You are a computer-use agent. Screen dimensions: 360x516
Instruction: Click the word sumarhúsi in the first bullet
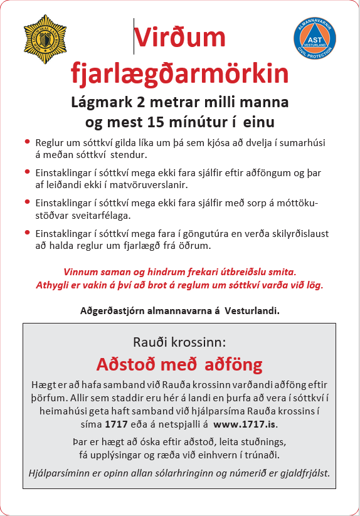click(x=303, y=142)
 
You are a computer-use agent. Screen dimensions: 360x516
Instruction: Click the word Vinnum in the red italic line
click(x=82, y=272)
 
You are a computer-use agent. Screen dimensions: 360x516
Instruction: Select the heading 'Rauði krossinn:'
click(x=179, y=342)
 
